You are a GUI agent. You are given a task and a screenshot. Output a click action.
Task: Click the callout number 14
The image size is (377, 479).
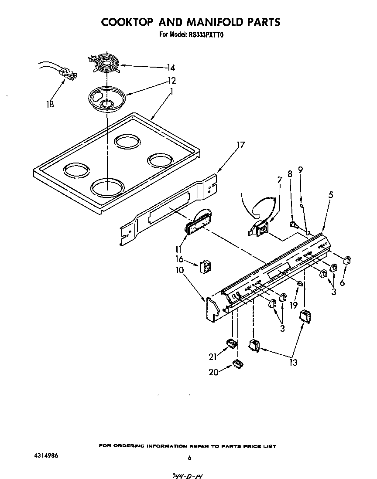171,68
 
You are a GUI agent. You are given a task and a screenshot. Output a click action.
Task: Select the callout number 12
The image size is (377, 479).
172,81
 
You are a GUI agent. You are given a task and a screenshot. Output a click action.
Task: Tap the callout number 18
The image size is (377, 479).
50,105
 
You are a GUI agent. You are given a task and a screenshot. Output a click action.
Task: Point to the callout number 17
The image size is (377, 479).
241,145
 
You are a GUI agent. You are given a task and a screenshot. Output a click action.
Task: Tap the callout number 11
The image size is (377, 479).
178,250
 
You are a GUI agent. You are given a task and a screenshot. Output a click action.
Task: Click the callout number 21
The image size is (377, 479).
213,357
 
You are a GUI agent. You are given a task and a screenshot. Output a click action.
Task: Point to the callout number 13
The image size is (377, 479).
293,362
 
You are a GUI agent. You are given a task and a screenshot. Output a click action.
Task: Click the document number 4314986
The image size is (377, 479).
46,455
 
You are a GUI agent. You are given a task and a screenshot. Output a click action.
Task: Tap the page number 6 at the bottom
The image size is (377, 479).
189,458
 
